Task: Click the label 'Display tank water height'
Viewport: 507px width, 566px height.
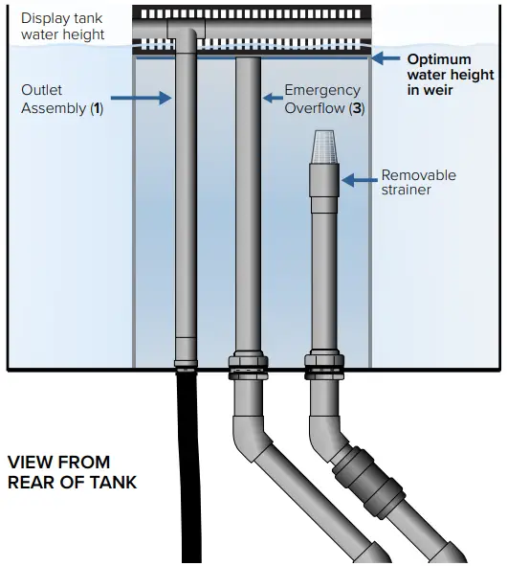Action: pyautogui.click(x=62, y=27)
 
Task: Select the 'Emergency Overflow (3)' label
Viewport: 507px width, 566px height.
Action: pyautogui.click(x=323, y=99)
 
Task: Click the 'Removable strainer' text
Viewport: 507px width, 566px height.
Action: pyautogui.click(x=418, y=183)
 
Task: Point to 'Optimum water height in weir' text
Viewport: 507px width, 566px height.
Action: pyautogui.click(x=451, y=75)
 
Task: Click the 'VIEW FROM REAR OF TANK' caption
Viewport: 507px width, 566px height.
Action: pyautogui.click(x=72, y=472)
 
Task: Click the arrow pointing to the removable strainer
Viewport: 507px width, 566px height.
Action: pyautogui.click(x=359, y=178)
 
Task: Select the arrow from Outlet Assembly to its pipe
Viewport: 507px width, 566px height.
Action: pyautogui.click(x=142, y=98)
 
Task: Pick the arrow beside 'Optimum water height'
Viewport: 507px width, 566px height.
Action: pyautogui.click(x=386, y=58)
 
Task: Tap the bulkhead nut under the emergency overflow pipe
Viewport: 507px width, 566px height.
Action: pyautogui.click(x=247, y=367)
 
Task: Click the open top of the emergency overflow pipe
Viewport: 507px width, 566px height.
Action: pyautogui.click(x=247, y=60)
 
